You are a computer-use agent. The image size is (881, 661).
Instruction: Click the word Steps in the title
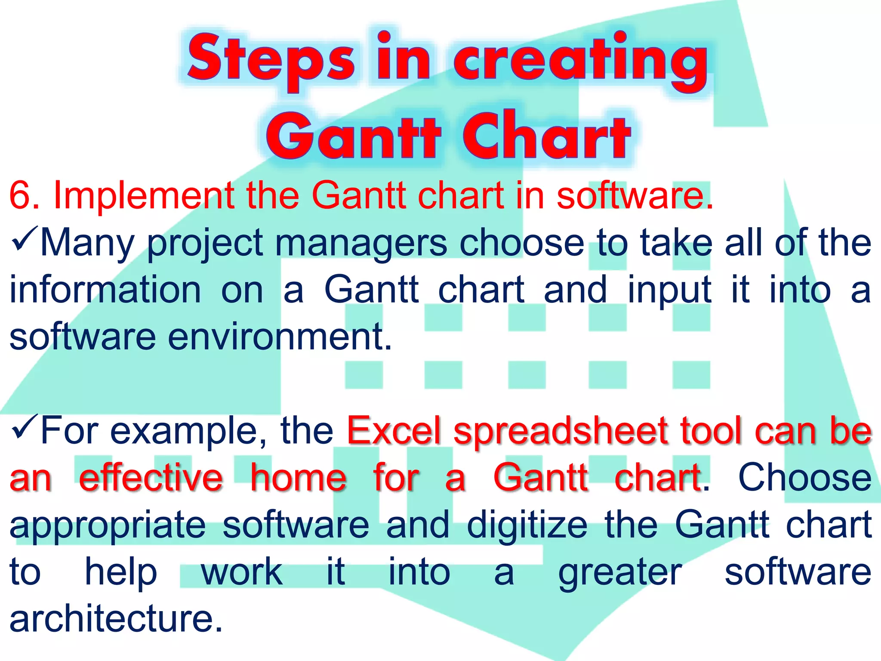271,58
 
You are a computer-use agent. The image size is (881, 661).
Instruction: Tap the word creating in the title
581,58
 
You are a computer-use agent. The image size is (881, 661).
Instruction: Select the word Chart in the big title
546,136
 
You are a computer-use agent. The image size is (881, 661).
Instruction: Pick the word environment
280,337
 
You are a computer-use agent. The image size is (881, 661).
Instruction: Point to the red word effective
151,478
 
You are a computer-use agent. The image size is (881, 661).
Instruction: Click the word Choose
804,478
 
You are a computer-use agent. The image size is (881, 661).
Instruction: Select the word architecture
116,620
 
